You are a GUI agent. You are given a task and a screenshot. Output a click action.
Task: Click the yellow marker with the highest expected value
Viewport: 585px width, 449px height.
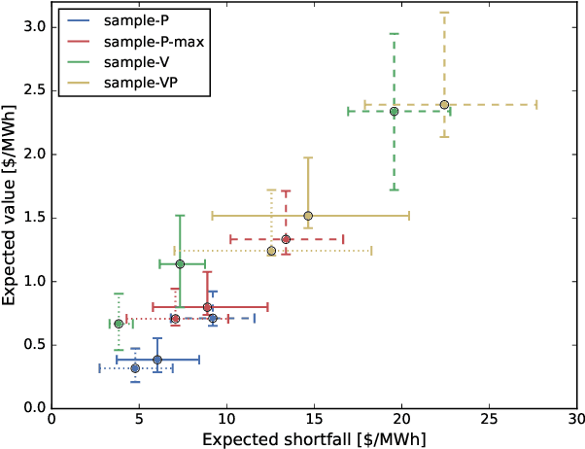444,104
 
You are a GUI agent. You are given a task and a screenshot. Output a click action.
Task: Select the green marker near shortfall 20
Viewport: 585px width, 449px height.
394,111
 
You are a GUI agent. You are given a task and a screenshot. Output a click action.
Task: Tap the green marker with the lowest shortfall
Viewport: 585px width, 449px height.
119,324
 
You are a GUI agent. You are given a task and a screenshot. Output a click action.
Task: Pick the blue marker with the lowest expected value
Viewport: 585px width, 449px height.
135,368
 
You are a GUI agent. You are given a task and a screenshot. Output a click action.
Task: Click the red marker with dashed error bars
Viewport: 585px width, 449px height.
286,239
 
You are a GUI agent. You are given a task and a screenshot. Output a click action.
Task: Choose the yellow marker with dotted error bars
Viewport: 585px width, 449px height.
271,251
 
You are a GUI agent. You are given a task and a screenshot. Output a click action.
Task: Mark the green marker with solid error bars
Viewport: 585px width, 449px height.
180,263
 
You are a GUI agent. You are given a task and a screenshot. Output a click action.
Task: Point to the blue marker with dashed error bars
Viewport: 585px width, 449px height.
213,319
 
